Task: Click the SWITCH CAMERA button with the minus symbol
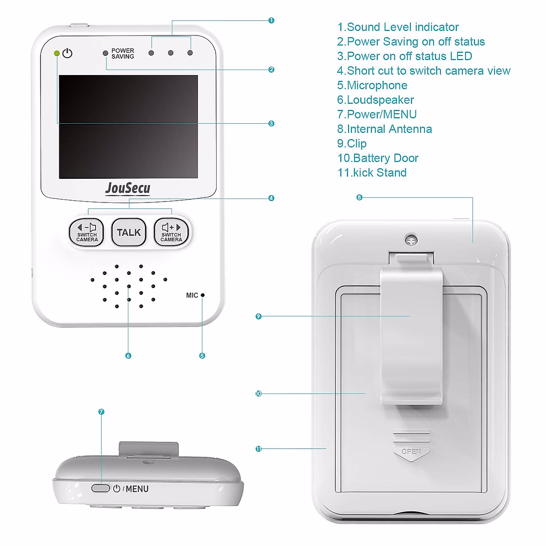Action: click(x=86, y=232)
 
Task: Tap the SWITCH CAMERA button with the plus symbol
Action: click(x=171, y=232)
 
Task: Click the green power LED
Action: click(x=57, y=53)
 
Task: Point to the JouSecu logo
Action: click(x=128, y=188)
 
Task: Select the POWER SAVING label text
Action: click(x=122, y=54)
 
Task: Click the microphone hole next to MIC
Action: click(x=203, y=295)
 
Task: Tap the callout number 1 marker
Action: click(x=271, y=20)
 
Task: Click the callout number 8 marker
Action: click(x=359, y=197)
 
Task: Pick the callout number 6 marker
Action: click(x=128, y=356)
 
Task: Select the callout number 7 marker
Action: click(x=101, y=412)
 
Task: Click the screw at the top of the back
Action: click(x=411, y=240)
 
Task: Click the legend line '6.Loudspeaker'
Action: click(x=376, y=100)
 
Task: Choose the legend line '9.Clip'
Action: click(x=352, y=144)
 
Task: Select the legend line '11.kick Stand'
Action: click(x=372, y=173)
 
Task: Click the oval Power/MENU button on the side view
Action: click(x=101, y=488)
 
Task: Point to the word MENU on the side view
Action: click(x=137, y=489)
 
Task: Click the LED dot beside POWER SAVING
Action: click(x=106, y=53)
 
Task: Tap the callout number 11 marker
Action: click(x=258, y=449)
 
